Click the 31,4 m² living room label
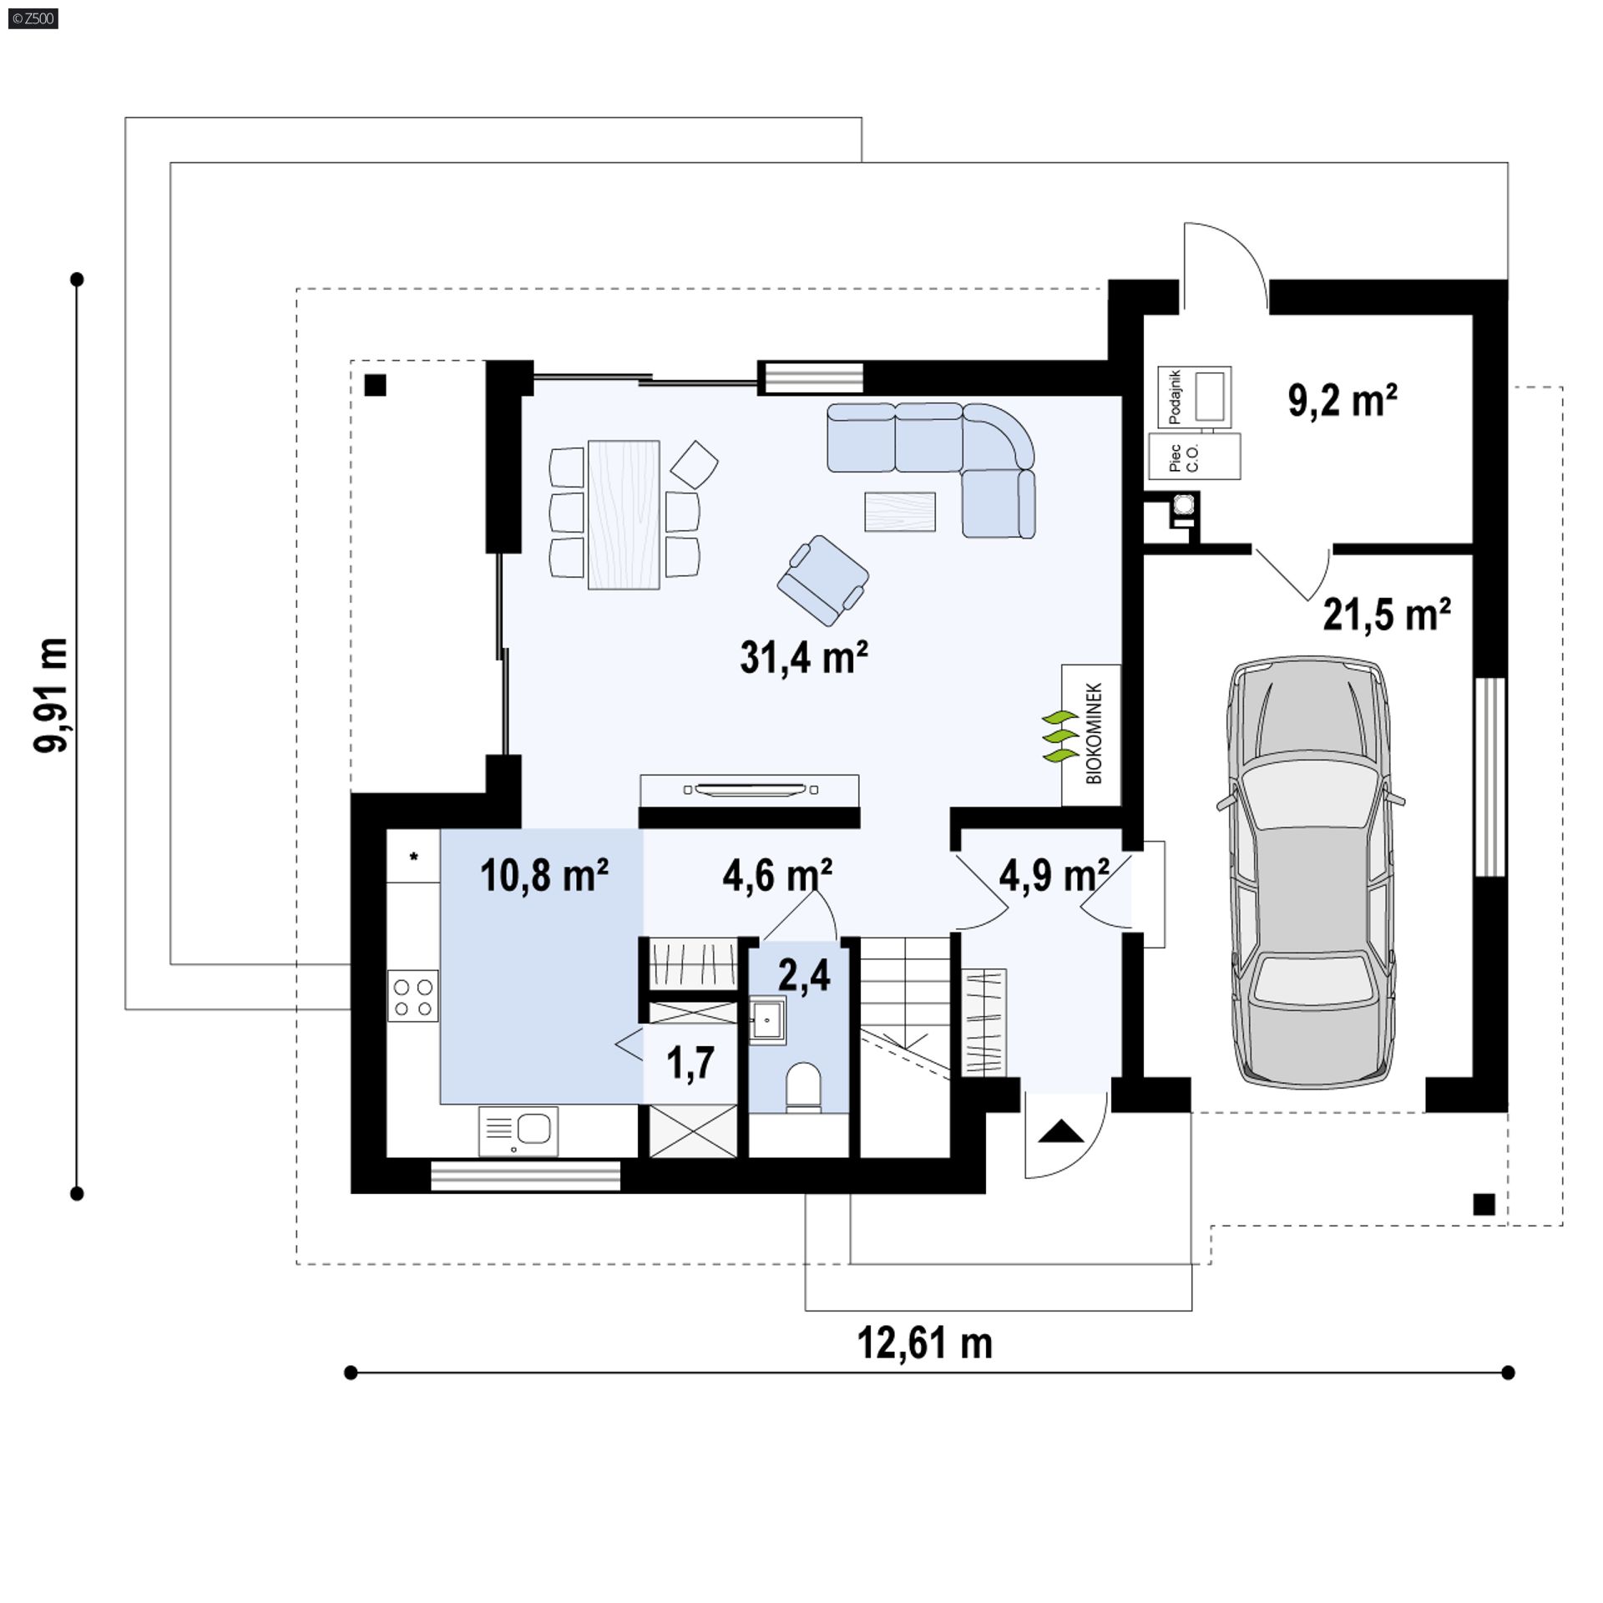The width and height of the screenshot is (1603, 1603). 803,658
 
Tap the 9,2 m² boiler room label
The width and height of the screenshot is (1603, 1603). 1343,401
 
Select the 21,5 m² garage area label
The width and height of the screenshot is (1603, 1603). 1386,615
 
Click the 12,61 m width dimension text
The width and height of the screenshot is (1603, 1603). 925,1343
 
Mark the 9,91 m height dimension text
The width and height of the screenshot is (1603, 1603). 52,695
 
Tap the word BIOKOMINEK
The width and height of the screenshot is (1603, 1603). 1094,733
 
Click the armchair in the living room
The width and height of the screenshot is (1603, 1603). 822,580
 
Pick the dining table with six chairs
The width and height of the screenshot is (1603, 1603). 624,514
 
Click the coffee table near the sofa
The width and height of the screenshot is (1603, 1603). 899,511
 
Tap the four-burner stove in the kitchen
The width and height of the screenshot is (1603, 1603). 412,995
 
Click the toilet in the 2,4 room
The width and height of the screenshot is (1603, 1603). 804,1087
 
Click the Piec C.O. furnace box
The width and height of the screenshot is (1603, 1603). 1194,457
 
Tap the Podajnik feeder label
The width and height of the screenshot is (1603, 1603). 1176,396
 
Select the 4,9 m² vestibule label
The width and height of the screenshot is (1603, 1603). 1054,876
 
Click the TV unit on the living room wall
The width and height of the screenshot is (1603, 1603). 749,789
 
